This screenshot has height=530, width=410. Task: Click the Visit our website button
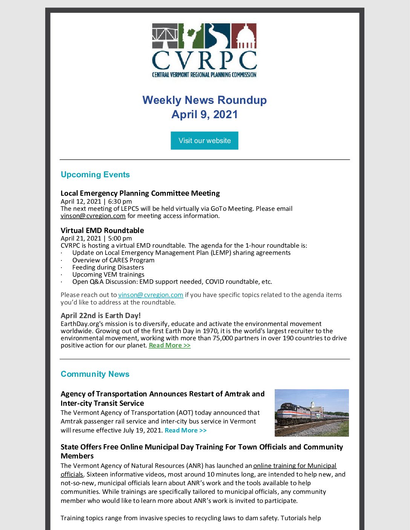tap(204, 140)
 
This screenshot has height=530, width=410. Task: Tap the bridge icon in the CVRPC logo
tap(165, 36)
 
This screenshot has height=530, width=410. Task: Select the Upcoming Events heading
tap(95, 175)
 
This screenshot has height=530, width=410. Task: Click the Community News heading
tap(95, 374)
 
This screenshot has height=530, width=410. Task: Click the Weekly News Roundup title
tap(204, 100)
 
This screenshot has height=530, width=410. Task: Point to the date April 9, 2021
tap(204, 114)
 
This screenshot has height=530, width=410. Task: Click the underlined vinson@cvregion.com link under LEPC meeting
tap(93, 216)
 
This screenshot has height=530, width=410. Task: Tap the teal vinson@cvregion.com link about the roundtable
tap(151, 295)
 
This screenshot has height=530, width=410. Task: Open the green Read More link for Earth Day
tap(170, 345)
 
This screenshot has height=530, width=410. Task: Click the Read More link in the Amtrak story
tap(185, 430)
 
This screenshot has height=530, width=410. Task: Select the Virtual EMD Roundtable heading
tap(102, 230)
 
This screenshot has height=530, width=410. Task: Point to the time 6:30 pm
tap(120, 201)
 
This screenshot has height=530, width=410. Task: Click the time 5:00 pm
tap(120, 238)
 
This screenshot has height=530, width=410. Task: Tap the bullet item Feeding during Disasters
tap(108, 267)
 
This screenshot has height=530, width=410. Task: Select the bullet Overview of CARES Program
tap(113, 260)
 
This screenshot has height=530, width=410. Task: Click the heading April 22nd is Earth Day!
tap(101, 315)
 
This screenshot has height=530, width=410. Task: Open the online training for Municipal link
tap(295, 466)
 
